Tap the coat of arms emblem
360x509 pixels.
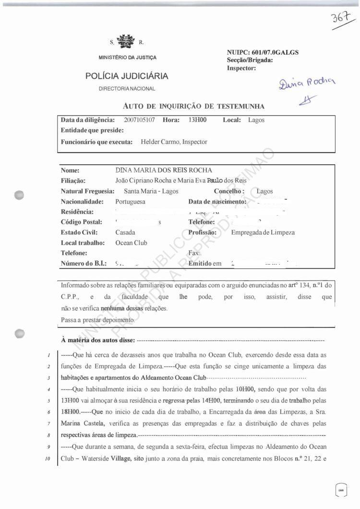(x=127, y=41)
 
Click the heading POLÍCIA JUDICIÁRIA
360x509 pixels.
(x=127, y=76)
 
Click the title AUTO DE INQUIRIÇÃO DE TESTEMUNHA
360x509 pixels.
(x=193, y=106)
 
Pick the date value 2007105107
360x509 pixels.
(x=139, y=120)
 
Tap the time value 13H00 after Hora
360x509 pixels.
(x=198, y=120)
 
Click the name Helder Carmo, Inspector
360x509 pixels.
(x=174, y=142)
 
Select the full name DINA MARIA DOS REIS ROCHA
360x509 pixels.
(x=164, y=170)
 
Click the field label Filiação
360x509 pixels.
(x=73, y=181)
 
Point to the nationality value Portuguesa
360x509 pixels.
(x=130, y=202)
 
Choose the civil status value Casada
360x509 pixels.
(x=125, y=232)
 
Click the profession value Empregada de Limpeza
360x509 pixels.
(x=263, y=232)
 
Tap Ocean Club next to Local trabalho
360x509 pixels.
(x=131, y=243)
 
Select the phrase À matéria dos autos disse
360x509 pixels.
(x=98, y=340)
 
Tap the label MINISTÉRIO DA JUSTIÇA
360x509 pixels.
(x=127, y=58)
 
